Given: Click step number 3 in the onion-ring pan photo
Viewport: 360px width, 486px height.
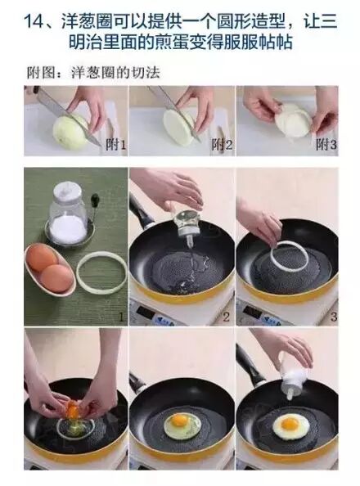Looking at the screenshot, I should point(332,315).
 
